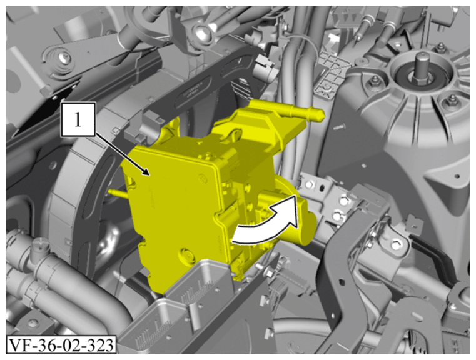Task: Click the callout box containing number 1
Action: click(x=78, y=119)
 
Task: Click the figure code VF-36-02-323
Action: click(x=61, y=344)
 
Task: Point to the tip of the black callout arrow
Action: click(x=149, y=175)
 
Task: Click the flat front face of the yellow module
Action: click(x=170, y=206)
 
